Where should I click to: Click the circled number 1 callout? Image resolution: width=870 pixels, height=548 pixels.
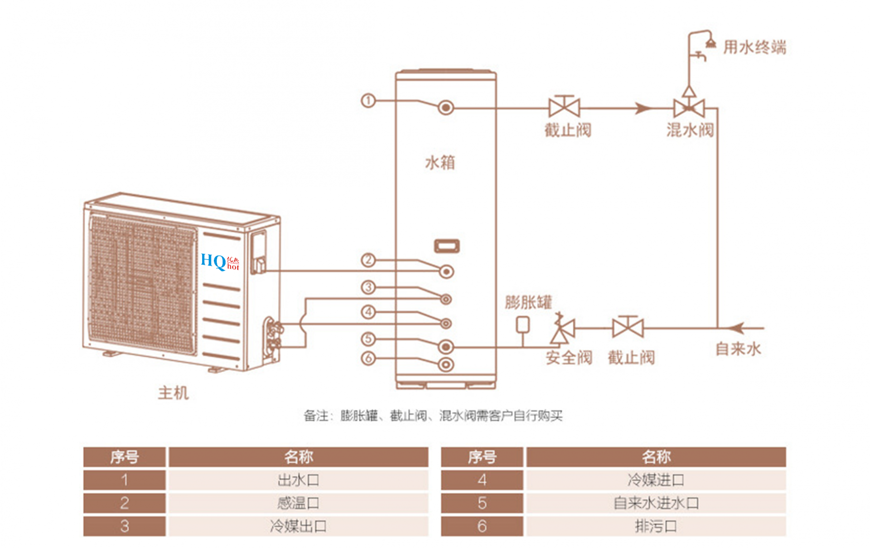tap(368, 100)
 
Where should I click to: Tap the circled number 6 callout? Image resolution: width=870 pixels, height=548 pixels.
tap(368, 359)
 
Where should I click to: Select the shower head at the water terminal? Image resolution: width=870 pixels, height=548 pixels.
tap(710, 43)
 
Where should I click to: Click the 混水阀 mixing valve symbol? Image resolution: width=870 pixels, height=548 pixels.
tap(689, 108)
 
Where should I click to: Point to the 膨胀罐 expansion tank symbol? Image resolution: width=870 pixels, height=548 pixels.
tap(523, 325)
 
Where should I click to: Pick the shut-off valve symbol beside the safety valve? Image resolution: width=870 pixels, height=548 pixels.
tap(628, 327)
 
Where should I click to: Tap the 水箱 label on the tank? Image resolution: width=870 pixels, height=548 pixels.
tap(440, 162)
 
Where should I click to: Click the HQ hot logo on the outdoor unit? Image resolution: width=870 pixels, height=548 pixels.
tap(220, 262)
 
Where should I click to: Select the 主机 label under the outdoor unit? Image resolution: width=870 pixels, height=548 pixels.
tap(173, 393)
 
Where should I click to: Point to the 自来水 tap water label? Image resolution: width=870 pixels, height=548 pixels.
tap(738, 349)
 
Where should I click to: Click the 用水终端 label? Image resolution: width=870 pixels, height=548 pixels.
tap(754, 47)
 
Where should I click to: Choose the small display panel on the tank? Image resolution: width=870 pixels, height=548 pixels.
tap(447, 246)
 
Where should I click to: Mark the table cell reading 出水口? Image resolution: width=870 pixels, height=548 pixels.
tap(298, 480)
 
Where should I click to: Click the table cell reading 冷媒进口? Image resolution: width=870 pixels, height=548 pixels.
tap(656, 480)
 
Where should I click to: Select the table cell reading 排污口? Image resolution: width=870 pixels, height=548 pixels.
tap(656, 526)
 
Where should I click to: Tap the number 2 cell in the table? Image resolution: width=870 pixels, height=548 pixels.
tap(125, 503)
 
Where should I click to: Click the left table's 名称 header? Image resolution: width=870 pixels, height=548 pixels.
tap(298, 457)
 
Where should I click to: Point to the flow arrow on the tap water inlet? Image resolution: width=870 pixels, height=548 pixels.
tap(737, 328)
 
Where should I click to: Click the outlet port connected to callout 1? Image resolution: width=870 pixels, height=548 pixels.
tap(446, 108)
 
